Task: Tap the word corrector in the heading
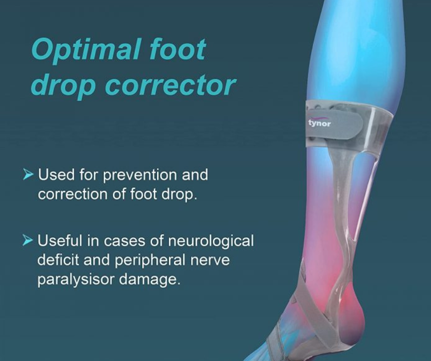point(171,86)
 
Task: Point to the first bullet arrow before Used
point(28,174)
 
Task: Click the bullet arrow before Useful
point(28,240)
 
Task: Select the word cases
point(125,241)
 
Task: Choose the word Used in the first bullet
point(56,175)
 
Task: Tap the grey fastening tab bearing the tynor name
point(334,124)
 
